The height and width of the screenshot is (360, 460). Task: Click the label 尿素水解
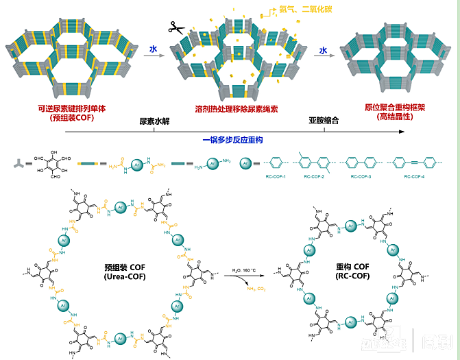click(x=154, y=121)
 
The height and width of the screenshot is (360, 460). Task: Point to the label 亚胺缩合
click(x=323, y=121)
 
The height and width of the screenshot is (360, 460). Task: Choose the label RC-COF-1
click(x=276, y=177)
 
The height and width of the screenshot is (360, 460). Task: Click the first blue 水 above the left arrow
click(x=154, y=49)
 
